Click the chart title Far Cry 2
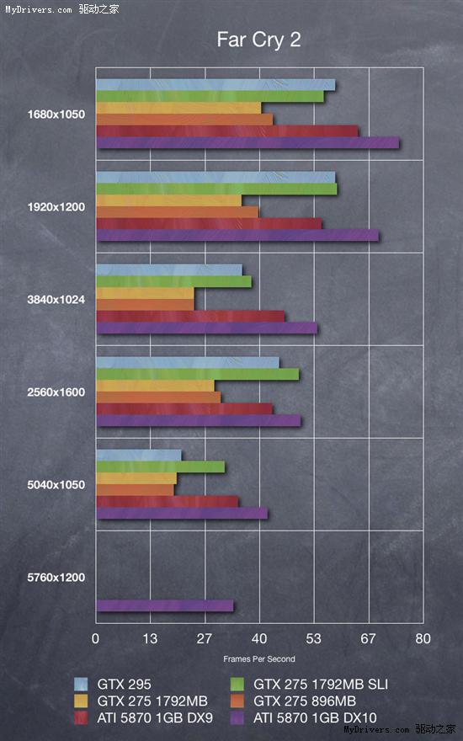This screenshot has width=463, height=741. click(x=258, y=40)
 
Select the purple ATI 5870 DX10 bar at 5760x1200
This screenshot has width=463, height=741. click(x=164, y=605)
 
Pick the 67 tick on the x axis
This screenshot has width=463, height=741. click(x=369, y=639)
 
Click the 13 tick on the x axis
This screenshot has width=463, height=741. click(x=150, y=639)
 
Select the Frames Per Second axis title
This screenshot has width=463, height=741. click(x=258, y=659)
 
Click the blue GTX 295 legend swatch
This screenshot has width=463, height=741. click(x=81, y=684)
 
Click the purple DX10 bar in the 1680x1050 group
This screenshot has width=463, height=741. click(x=247, y=143)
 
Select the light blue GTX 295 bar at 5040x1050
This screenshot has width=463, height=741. click(x=139, y=456)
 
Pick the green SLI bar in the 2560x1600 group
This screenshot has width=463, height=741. click(x=197, y=374)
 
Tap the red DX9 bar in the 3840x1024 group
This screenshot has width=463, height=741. click(x=190, y=316)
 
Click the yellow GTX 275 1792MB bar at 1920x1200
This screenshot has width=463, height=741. click(x=169, y=200)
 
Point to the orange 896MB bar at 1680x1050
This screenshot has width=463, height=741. click(x=184, y=120)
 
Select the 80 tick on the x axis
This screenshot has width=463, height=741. click(x=423, y=639)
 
